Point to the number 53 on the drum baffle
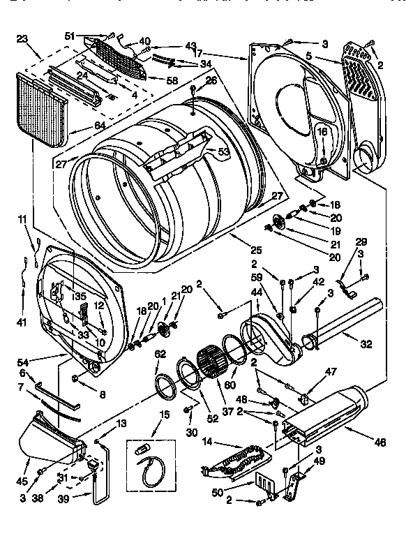[x=223, y=151]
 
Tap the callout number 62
[x=161, y=354]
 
